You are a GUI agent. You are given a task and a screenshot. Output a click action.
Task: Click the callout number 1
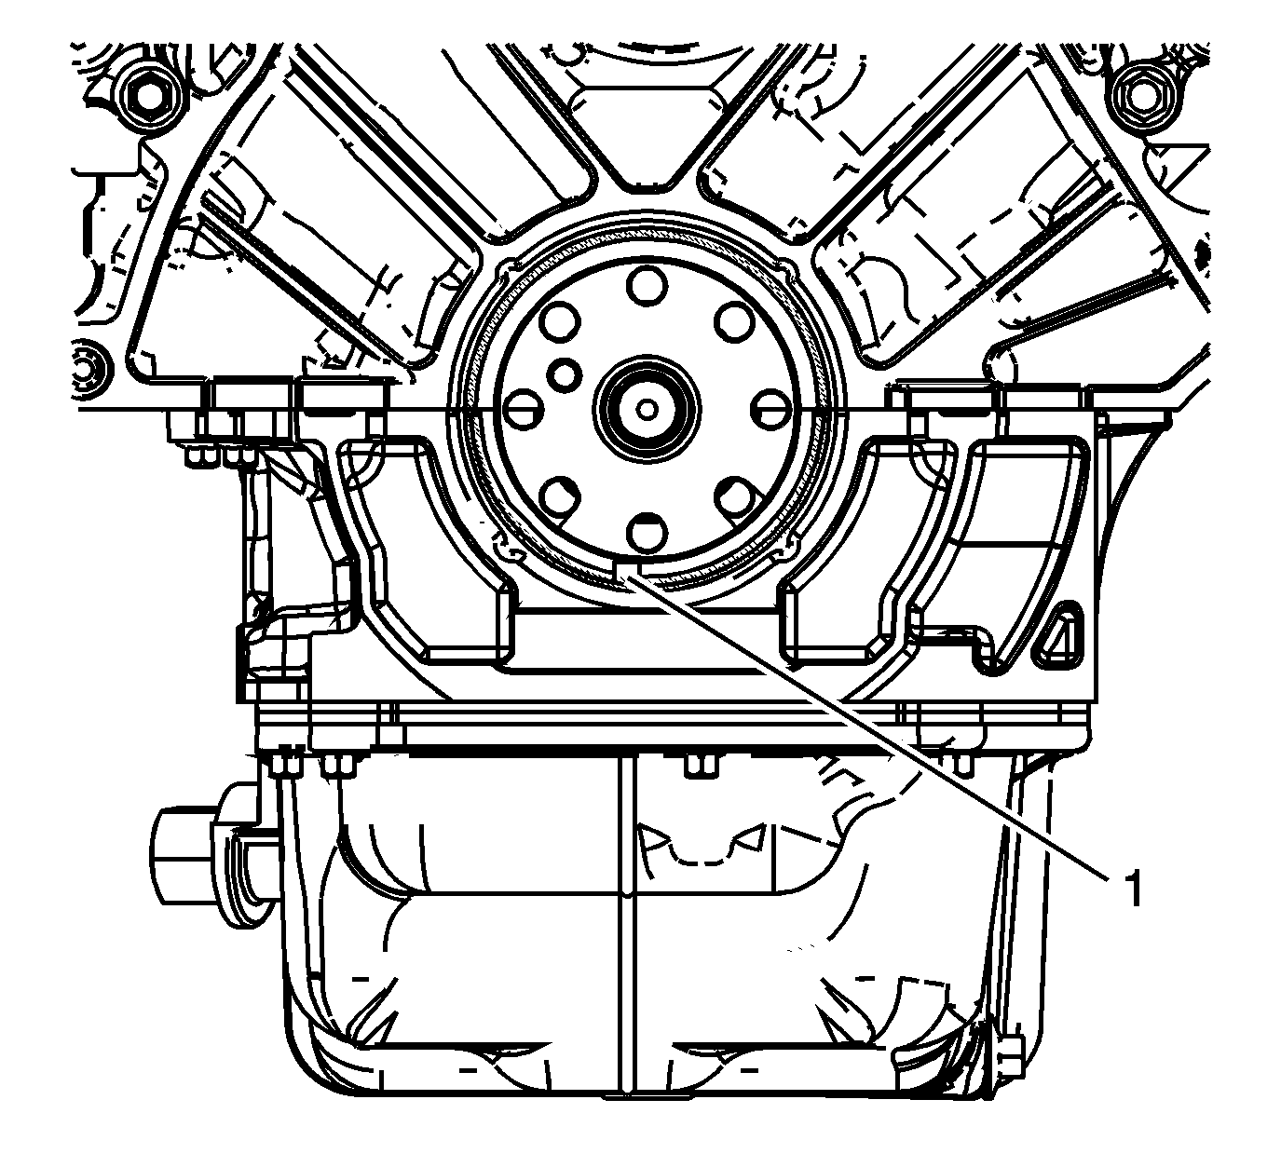(x=1134, y=889)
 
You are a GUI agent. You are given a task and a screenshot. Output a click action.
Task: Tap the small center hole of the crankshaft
(x=647, y=409)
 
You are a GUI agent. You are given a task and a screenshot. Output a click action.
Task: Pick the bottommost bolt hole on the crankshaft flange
(x=647, y=532)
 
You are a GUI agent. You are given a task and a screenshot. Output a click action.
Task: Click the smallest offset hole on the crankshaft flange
(x=566, y=373)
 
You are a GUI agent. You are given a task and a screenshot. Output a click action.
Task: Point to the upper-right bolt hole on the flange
(x=734, y=321)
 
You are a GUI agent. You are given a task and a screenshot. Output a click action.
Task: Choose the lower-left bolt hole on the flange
(x=560, y=496)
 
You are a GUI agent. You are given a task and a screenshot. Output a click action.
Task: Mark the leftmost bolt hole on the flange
(x=524, y=409)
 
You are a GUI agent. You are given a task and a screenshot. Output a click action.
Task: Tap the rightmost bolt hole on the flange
(x=770, y=409)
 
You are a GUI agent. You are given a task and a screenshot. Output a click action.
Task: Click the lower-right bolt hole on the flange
(x=734, y=496)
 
